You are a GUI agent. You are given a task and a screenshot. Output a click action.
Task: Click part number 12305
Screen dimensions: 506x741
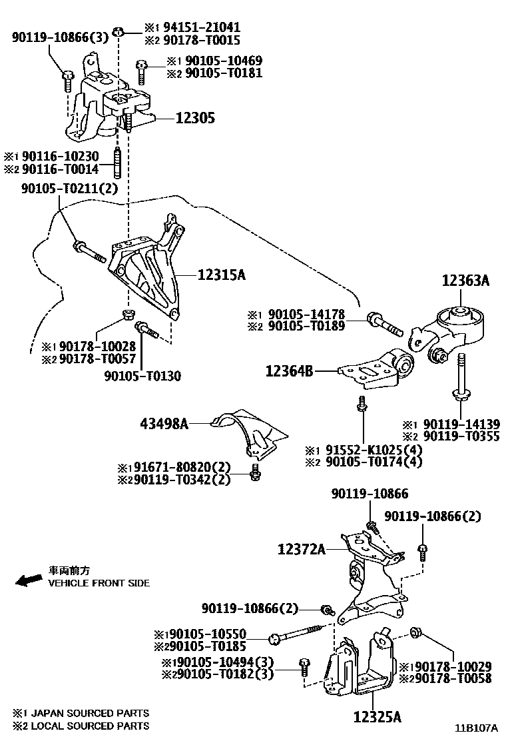click(195, 118)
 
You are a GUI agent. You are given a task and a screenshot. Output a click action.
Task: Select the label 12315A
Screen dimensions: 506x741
click(221, 274)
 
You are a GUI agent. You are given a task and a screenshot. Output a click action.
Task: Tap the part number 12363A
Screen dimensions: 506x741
click(465, 281)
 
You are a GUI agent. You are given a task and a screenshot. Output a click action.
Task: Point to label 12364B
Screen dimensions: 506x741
click(289, 371)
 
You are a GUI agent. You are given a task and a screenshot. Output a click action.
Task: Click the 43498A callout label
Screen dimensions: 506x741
click(164, 424)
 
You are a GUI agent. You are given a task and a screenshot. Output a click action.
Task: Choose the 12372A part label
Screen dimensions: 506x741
click(302, 549)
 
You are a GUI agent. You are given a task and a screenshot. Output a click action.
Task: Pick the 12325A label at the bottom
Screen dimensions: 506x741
click(378, 717)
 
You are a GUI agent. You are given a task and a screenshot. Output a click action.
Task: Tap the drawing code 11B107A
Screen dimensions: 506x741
click(476, 728)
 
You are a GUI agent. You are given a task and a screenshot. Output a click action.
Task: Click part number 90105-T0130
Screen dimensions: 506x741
click(142, 376)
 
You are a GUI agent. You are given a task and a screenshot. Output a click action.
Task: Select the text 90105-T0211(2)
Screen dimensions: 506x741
click(69, 189)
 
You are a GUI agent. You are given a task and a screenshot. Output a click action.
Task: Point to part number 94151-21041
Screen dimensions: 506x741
click(202, 27)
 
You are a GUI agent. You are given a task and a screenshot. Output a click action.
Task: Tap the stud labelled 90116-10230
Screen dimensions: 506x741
click(118, 163)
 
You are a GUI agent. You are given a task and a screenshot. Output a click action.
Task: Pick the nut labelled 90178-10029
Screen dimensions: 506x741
click(416, 632)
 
